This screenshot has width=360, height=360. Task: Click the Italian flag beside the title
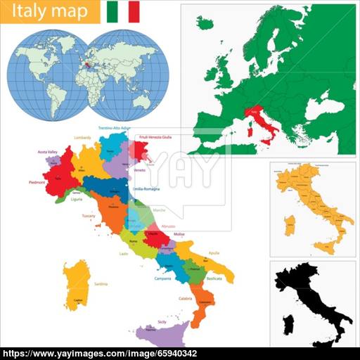(123, 11)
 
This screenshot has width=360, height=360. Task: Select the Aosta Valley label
(47, 151)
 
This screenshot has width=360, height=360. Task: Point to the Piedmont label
(37, 181)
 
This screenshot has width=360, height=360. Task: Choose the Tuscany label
(89, 215)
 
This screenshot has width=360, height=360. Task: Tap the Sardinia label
(101, 283)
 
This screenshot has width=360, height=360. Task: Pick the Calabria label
(185, 299)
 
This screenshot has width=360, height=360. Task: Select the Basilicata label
(214, 278)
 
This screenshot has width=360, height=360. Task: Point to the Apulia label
(214, 252)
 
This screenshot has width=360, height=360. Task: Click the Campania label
(163, 278)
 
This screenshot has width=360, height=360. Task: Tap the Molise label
(179, 233)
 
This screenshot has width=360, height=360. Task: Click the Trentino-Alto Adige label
(114, 128)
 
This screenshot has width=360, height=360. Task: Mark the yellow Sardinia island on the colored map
(75, 285)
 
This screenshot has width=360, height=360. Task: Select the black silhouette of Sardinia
(288, 325)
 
